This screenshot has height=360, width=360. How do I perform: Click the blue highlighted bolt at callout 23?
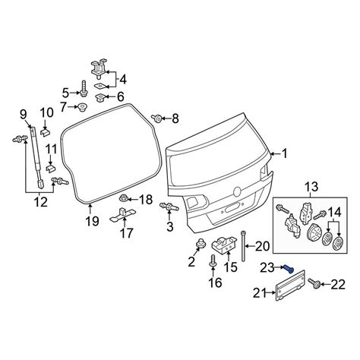[289, 269]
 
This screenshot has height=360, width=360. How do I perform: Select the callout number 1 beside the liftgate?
[285, 153]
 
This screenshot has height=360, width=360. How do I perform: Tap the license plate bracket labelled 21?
[290, 285]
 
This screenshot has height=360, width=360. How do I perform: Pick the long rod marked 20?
[244, 246]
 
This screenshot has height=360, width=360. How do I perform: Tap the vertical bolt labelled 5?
[84, 88]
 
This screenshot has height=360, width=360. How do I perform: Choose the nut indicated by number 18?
[124, 197]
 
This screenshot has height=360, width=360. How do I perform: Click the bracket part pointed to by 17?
[123, 215]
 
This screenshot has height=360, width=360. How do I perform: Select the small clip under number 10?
[45, 132]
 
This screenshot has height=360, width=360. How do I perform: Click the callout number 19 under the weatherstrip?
[92, 221]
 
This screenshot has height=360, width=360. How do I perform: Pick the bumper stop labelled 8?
[156, 118]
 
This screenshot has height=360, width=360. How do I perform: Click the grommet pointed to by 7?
[82, 107]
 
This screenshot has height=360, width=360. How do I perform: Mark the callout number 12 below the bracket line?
[40, 202]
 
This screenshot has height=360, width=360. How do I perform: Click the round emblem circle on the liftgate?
[237, 191]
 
